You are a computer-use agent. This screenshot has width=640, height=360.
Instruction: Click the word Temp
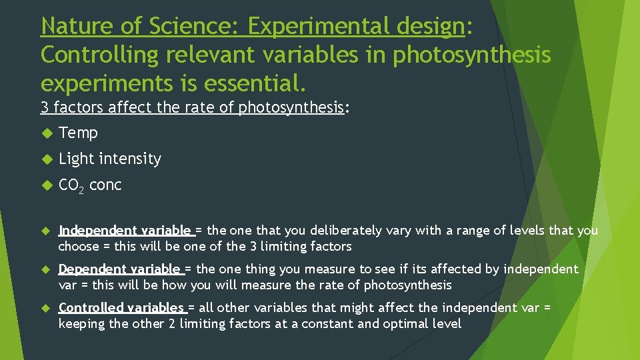(78, 133)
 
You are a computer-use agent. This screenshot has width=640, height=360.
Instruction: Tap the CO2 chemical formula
(71, 185)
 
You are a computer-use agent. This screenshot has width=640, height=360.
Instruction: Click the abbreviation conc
(105, 185)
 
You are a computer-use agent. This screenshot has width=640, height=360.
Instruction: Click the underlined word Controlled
(91, 308)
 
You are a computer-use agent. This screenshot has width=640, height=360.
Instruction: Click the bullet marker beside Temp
(46, 133)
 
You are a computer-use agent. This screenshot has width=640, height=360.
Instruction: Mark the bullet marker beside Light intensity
(46, 159)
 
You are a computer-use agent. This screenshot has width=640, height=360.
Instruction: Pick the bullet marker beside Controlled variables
(46, 309)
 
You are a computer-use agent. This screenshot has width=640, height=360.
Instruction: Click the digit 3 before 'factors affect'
(45, 107)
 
